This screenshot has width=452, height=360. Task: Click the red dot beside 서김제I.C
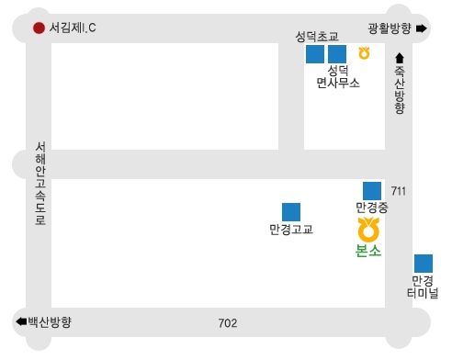39,28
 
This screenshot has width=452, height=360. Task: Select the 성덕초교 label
317,37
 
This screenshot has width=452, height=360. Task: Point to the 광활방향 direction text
389,28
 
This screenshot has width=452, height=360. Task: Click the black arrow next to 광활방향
422,28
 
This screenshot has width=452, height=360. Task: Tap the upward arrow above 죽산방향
400,58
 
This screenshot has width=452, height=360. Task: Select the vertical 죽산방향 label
400,89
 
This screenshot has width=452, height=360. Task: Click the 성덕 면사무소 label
337,76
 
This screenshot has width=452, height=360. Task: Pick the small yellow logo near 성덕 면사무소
365,53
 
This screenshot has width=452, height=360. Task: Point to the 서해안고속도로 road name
40,184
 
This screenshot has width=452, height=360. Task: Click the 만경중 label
372,208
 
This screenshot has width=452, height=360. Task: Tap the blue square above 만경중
372,190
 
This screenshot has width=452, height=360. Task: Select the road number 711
398,191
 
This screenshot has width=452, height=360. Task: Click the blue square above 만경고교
291,212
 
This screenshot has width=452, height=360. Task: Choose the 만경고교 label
291,230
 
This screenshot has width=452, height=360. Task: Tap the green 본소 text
368,251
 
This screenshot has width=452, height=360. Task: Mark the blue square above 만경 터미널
424,264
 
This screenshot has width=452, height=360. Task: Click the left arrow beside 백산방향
20,322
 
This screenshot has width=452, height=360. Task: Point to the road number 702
228,323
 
